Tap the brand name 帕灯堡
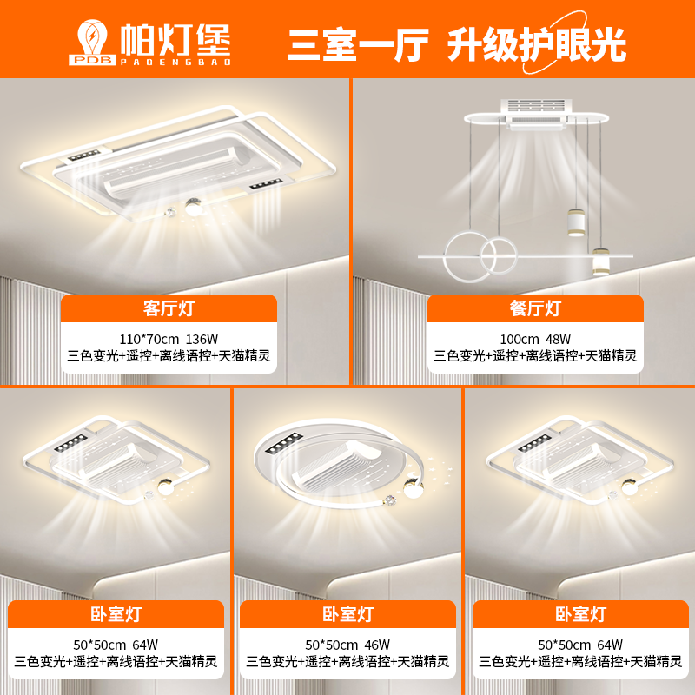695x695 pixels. [x=176, y=39]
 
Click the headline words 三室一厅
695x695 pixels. [x=358, y=44]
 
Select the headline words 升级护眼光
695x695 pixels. [x=536, y=44]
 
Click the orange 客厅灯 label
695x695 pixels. [x=169, y=308]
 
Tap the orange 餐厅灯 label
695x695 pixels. [x=535, y=308]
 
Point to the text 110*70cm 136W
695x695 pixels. [x=169, y=339]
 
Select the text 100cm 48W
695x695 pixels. [x=535, y=339]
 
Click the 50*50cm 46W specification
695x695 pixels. [x=347, y=645]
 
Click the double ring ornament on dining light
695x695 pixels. [x=480, y=256]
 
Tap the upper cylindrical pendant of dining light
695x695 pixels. [x=576, y=222]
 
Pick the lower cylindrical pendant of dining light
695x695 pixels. [x=601, y=262]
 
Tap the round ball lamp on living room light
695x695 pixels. [x=194, y=207]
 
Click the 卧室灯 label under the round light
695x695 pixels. [x=347, y=614]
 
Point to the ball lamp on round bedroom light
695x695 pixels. [x=413, y=489]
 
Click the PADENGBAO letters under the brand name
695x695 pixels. [x=176, y=62]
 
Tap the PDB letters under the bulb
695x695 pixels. [x=92, y=60]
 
